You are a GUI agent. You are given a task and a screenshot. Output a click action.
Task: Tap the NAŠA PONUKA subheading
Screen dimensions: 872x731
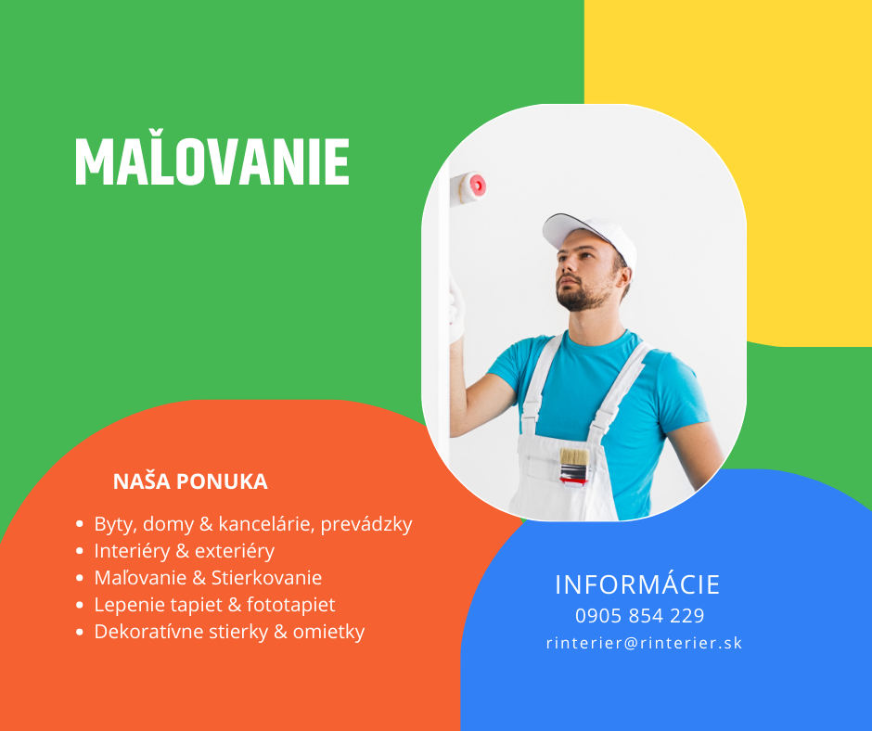click(x=190, y=481)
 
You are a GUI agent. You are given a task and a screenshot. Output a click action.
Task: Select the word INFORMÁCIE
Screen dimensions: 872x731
click(x=637, y=584)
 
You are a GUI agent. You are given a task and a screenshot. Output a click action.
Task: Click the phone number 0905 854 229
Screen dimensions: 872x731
click(x=639, y=615)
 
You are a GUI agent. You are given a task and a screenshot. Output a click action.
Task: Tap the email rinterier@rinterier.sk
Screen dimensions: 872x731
click(x=644, y=643)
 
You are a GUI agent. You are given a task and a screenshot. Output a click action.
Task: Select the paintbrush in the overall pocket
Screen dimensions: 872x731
click(x=574, y=468)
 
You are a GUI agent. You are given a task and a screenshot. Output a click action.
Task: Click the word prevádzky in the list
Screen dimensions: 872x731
click(x=366, y=524)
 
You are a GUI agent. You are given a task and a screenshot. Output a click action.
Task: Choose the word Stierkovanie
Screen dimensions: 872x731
click(x=267, y=577)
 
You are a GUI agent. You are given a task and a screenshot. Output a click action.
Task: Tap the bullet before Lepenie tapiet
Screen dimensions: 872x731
click(x=80, y=605)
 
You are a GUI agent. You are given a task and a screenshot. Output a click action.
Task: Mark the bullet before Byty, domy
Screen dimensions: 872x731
click(x=80, y=524)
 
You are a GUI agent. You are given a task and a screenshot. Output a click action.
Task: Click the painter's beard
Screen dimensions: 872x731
click(x=583, y=295)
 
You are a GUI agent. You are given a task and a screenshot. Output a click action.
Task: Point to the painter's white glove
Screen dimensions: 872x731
click(x=456, y=312)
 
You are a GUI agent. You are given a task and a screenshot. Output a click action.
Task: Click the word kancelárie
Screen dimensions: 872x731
click(x=266, y=524)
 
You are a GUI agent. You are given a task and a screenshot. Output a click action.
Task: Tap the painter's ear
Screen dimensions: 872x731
click(x=625, y=278)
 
